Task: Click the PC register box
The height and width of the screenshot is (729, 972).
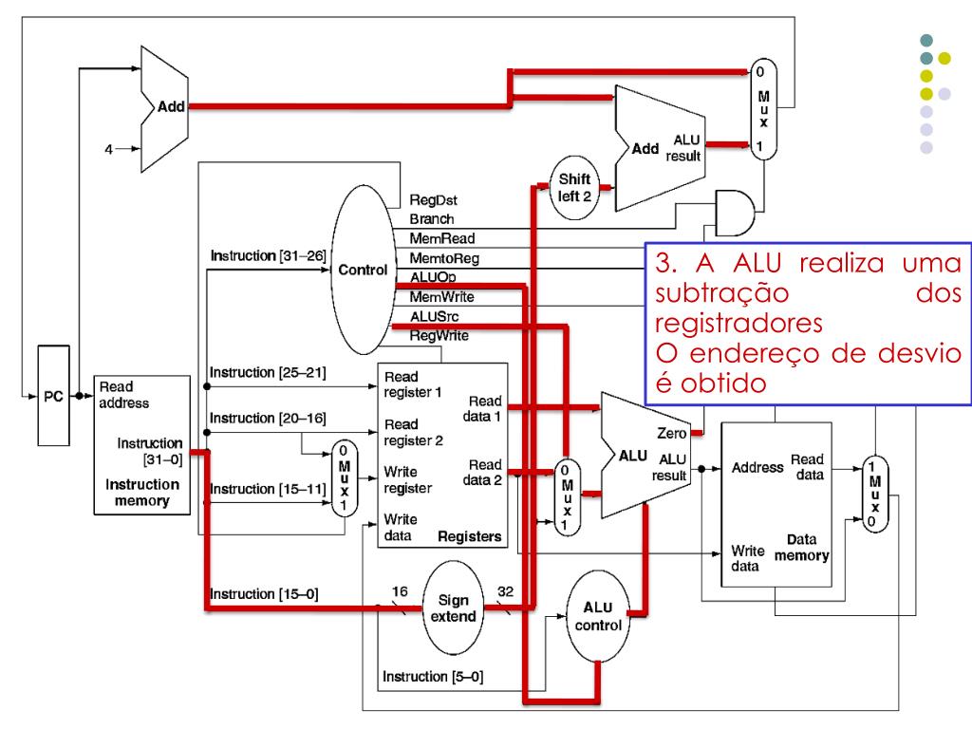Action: pyautogui.click(x=53, y=396)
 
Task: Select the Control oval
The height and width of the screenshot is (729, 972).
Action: pyautogui.click(x=364, y=270)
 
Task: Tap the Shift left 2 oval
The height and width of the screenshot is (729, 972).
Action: pyautogui.click(x=574, y=188)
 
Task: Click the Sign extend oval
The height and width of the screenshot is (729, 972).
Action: pyautogui.click(x=453, y=608)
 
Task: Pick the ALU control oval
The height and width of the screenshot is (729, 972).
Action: pyautogui.click(x=598, y=616)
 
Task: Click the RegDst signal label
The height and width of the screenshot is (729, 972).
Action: pyautogui.click(x=433, y=200)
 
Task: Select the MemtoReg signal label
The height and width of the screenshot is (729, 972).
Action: pyautogui.click(x=444, y=258)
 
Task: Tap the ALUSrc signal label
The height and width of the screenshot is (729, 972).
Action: pyautogui.click(x=435, y=316)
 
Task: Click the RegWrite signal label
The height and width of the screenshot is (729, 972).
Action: pyautogui.click(x=439, y=336)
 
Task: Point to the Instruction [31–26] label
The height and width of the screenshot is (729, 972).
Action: pyautogui.click(x=268, y=255)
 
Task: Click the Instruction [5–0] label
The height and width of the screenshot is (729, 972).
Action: pyautogui.click(x=433, y=676)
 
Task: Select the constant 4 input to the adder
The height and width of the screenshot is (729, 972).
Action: pyautogui.click(x=109, y=149)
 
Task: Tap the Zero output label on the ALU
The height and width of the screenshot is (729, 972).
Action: pyautogui.click(x=672, y=433)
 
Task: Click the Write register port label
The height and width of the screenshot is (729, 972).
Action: pyautogui.click(x=407, y=479)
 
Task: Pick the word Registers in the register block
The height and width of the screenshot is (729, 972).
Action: pyautogui.click(x=469, y=536)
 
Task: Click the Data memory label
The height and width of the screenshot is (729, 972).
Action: pyautogui.click(x=801, y=548)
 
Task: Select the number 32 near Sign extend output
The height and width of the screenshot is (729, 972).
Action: pyautogui.click(x=505, y=591)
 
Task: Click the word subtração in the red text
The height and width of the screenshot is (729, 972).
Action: pyautogui.click(x=722, y=293)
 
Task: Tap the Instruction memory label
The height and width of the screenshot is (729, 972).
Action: pyautogui.click(x=142, y=493)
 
